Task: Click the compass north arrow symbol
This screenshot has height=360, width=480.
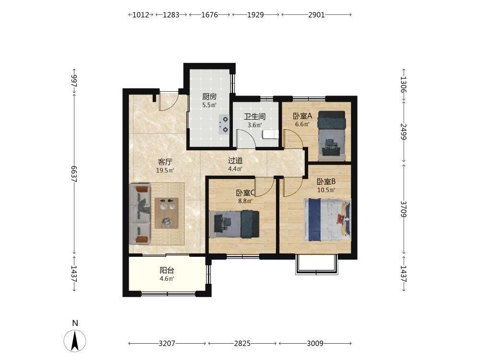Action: click(x=75, y=341)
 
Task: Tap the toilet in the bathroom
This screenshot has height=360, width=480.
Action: click(x=271, y=134)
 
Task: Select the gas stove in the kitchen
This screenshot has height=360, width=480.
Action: click(x=224, y=125)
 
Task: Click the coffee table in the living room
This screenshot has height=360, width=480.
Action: click(x=167, y=213)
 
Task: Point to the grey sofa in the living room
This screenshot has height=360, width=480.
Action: click(x=140, y=214)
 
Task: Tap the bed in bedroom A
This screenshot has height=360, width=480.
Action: click(x=332, y=135)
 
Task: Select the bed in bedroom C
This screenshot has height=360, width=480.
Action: click(x=234, y=224)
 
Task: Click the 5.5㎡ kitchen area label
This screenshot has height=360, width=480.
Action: click(x=209, y=105)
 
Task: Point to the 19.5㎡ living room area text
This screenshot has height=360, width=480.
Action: click(x=165, y=170)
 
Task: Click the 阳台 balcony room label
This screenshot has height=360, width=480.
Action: click(x=167, y=270)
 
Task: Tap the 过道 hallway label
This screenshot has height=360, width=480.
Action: click(x=235, y=160)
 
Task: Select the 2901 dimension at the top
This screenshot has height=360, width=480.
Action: click(x=316, y=15)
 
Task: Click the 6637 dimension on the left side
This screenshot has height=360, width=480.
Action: click(x=74, y=174)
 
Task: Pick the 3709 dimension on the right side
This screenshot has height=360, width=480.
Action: click(x=404, y=209)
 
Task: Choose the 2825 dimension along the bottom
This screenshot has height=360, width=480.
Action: click(x=242, y=344)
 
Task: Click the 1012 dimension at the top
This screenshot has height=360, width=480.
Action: click(x=141, y=15)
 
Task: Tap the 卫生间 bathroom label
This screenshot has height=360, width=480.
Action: click(x=255, y=117)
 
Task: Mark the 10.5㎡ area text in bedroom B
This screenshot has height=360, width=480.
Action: click(x=326, y=190)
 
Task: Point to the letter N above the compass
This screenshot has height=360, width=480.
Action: click(x=75, y=323)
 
